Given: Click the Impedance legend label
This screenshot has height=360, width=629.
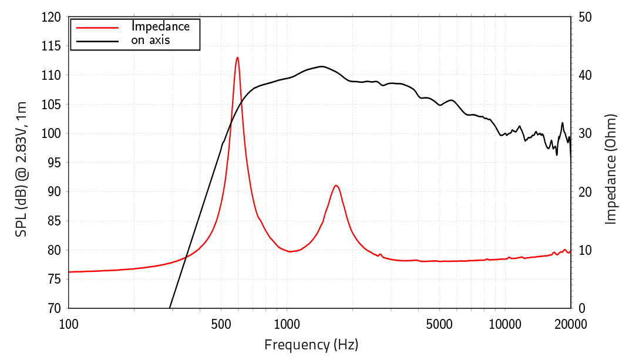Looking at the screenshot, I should pyautogui.click(x=160, y=26).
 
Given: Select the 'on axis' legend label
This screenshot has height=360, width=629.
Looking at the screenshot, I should pyautogui.click(x=150, y=40).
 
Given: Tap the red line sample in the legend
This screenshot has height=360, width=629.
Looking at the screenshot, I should pyautogui.click(x=97, y=27).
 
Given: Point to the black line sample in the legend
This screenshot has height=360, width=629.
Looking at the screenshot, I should pyautogui.click(x=97, y=41).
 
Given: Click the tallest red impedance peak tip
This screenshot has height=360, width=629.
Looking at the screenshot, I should pyautogui.click(x=237, y=58).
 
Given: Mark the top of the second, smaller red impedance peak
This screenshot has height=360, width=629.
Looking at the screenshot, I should pyautogui.click(x=336, y=186).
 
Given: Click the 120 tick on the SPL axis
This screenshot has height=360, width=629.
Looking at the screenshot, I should pyautogui.click(x=52, y=18).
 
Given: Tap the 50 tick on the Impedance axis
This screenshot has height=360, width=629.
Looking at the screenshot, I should pyautogui.click(x=584, y=18).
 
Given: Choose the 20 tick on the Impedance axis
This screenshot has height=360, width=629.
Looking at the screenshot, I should pyautogui.click(x=584, y=192).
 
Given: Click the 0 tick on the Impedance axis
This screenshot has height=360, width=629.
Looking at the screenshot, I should pyautogui.click(x=581, y=308).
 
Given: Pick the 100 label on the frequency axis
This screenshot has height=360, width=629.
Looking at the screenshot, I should pyautogui.click(x=69, y=323).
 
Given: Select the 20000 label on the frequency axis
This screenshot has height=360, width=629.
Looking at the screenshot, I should pyautogui.click(x=570, y=323).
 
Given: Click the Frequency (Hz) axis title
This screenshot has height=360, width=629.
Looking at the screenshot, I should pyautogui.click(x=311, y=345).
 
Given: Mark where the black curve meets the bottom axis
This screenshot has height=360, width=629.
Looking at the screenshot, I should pyautogui.click(x=170, y=307).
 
